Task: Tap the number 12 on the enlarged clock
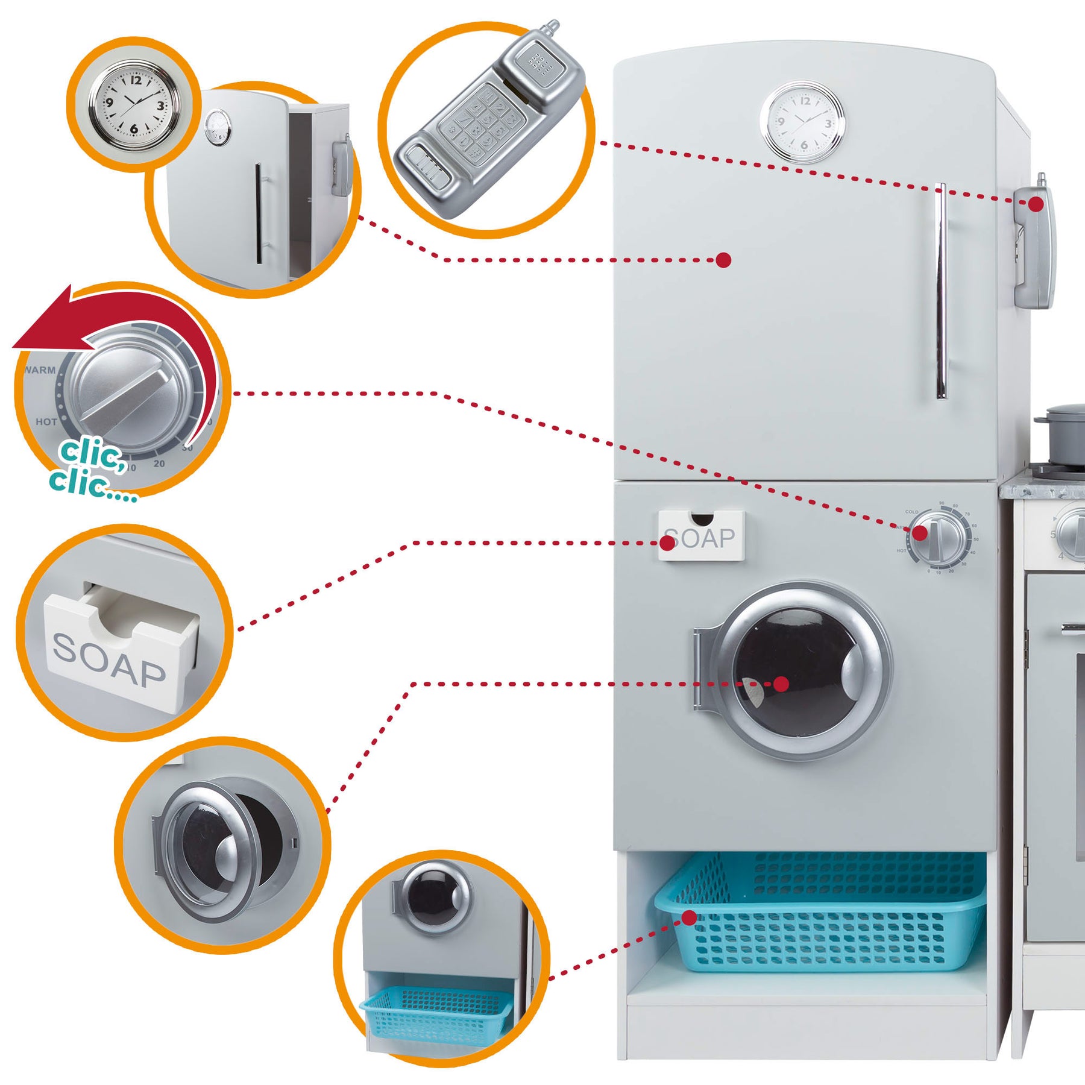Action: (136, 80)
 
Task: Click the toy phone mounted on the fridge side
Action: (1034, 247)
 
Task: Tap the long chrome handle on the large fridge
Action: (940, 289)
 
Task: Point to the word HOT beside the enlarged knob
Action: (46, 422)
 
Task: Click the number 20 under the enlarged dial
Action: (159, 464)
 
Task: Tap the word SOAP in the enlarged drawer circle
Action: (108, 659)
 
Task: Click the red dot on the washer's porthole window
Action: (781, 684)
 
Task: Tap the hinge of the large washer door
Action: (699, 669)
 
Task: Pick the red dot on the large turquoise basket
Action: (689, 918)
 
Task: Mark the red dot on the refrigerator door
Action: (723, 260)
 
